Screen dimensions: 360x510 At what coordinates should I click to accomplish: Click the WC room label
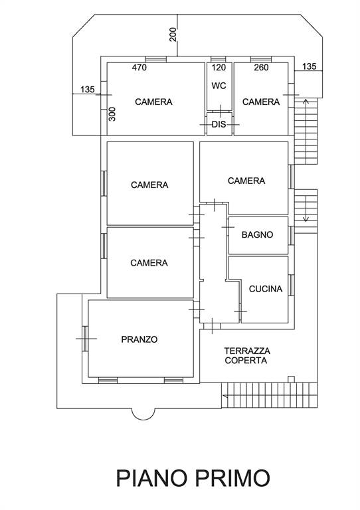point(219,86)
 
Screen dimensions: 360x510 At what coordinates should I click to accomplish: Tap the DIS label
point(219,124)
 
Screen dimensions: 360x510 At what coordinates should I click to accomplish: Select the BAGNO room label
point(257,234)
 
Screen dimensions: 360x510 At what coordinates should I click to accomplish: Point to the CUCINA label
point(266,289)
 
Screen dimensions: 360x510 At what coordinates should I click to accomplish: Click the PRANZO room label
point(139,339)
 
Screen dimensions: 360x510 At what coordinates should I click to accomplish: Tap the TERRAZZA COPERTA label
point(247,355)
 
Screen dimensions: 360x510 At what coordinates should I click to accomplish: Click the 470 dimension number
point(139,67)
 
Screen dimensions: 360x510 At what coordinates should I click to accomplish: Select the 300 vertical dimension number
point(112,114)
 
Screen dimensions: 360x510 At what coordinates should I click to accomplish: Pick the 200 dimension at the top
point(173,35)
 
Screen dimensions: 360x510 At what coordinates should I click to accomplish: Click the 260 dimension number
point(261,67)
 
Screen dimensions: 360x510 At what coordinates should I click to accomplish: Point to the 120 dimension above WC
point(219,67)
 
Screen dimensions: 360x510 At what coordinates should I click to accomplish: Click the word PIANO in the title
point(151,478)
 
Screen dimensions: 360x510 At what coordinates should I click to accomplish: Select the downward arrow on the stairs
point(306,209)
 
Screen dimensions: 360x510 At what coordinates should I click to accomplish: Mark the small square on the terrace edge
point(292,379)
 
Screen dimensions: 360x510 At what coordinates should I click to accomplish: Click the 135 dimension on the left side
point(87,89)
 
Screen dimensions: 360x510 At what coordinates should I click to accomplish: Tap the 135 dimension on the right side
point(309,66)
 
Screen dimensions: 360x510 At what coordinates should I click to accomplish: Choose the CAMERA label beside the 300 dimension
point(153,102)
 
